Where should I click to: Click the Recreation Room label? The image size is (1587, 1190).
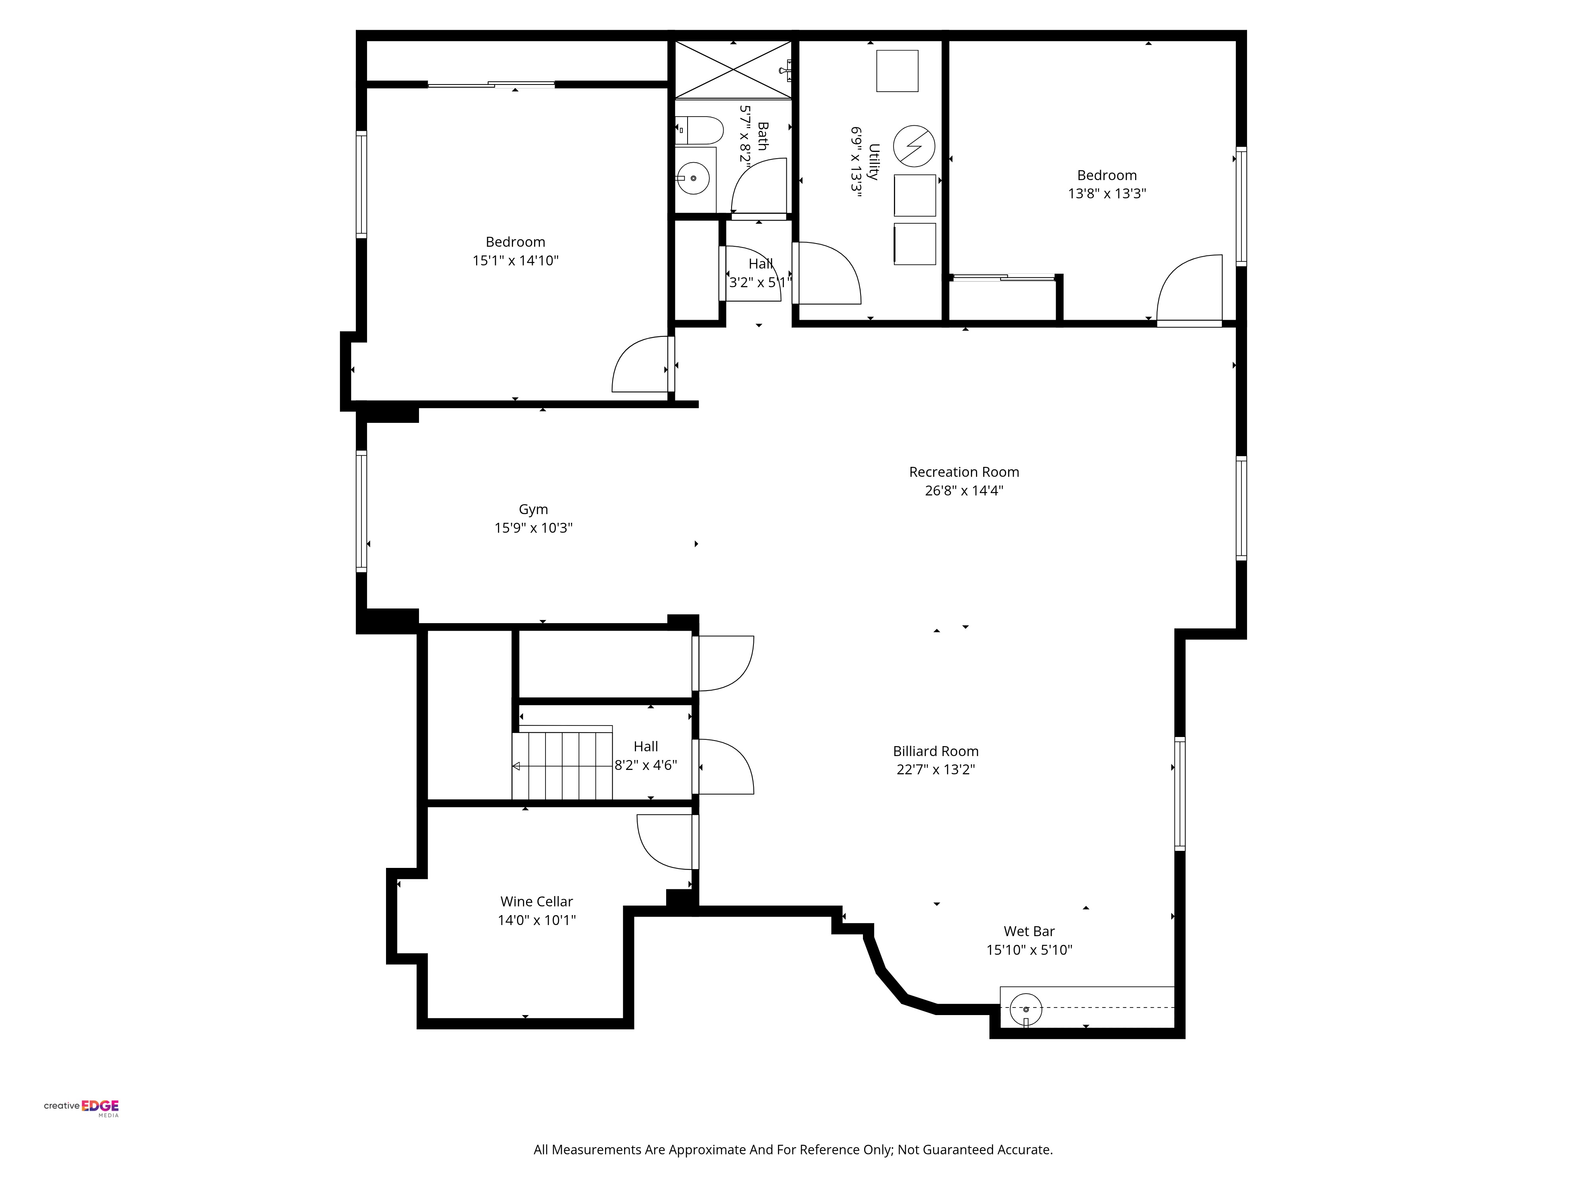click(x=964, y=472)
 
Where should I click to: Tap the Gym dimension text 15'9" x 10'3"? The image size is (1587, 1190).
click(x=533, y=528)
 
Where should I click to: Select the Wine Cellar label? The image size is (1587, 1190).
click(x=537, y=902)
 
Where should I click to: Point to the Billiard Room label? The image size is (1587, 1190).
click(x=936, y=751)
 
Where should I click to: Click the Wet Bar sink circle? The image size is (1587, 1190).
click(x=1026, y=1008)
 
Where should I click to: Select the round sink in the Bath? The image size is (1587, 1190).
click(x=693, y=178)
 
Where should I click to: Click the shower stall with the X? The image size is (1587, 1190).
click(x=733, y=69)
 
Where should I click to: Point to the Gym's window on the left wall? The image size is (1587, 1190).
click(x=361, y=511)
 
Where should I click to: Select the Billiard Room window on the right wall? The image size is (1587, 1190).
click(x=1180, y=793)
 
